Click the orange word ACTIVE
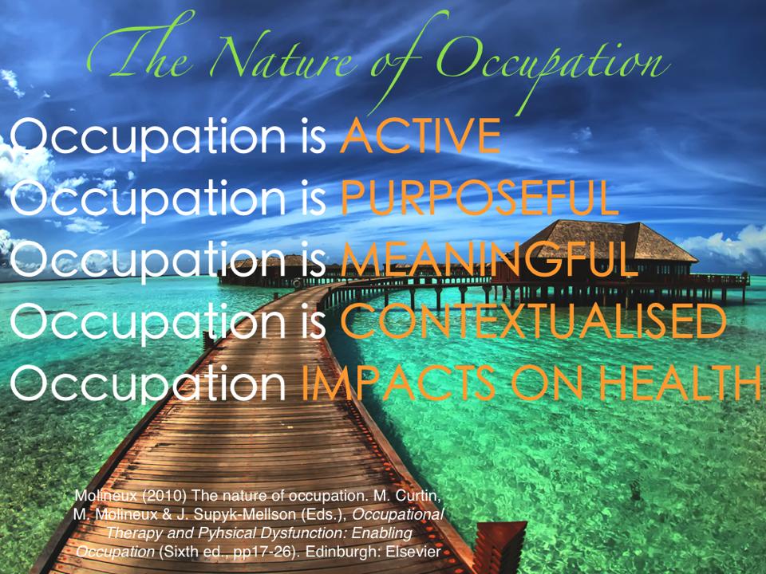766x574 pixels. [x=421, y=136]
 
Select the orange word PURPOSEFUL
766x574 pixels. [x=480, y=198]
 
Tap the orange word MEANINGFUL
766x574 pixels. [x=489, y=259]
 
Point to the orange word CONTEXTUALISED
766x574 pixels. [x=534, y=320]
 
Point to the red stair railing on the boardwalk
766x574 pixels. [x=498, y=545]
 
